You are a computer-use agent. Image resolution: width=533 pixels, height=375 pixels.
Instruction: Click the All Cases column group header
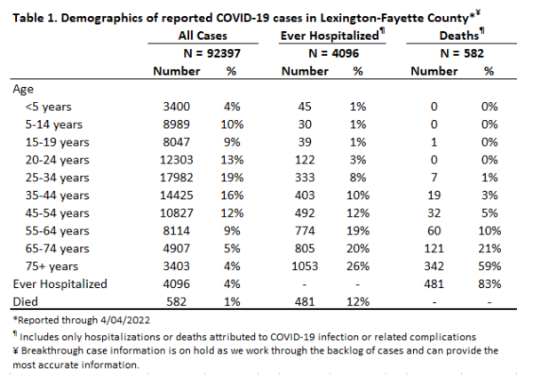pos(203,36)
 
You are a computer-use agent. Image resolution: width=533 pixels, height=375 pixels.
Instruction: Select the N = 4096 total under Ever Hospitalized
pos(333,53)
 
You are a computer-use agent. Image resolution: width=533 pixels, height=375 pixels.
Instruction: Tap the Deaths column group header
pos(459,36)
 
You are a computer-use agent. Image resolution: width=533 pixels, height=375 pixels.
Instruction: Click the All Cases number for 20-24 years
pos(177,160)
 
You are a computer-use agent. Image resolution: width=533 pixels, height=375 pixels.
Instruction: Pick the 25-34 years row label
pos(57,178)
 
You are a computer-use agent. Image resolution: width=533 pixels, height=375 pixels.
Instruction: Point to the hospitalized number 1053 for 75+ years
pos(305,267)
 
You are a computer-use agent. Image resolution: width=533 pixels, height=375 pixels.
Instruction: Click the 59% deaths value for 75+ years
pos(489,267)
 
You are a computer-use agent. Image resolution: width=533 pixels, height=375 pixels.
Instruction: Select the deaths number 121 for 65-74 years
pos(434,249)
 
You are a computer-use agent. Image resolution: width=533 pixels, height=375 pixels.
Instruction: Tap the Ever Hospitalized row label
pos(60,284)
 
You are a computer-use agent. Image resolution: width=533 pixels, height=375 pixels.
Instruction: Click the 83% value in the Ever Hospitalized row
pos(489,283)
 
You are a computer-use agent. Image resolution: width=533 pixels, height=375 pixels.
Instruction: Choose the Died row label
pos(25,301)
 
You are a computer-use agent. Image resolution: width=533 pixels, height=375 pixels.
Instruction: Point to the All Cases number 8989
pos(176,124)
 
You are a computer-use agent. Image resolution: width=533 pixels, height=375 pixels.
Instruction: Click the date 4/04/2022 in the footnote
pos(125,320)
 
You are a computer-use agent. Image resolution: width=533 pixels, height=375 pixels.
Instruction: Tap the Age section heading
pos(23,90)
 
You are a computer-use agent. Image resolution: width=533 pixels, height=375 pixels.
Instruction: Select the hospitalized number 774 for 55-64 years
pos(305,231)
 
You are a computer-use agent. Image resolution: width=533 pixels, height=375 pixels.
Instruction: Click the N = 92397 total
pos(211,53)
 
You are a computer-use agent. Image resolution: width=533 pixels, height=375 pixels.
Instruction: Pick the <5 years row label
pos(48,108)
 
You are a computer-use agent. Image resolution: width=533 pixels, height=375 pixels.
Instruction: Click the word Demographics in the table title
pos(101,18)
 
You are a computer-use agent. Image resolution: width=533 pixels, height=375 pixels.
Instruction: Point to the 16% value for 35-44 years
pos(232,195)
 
